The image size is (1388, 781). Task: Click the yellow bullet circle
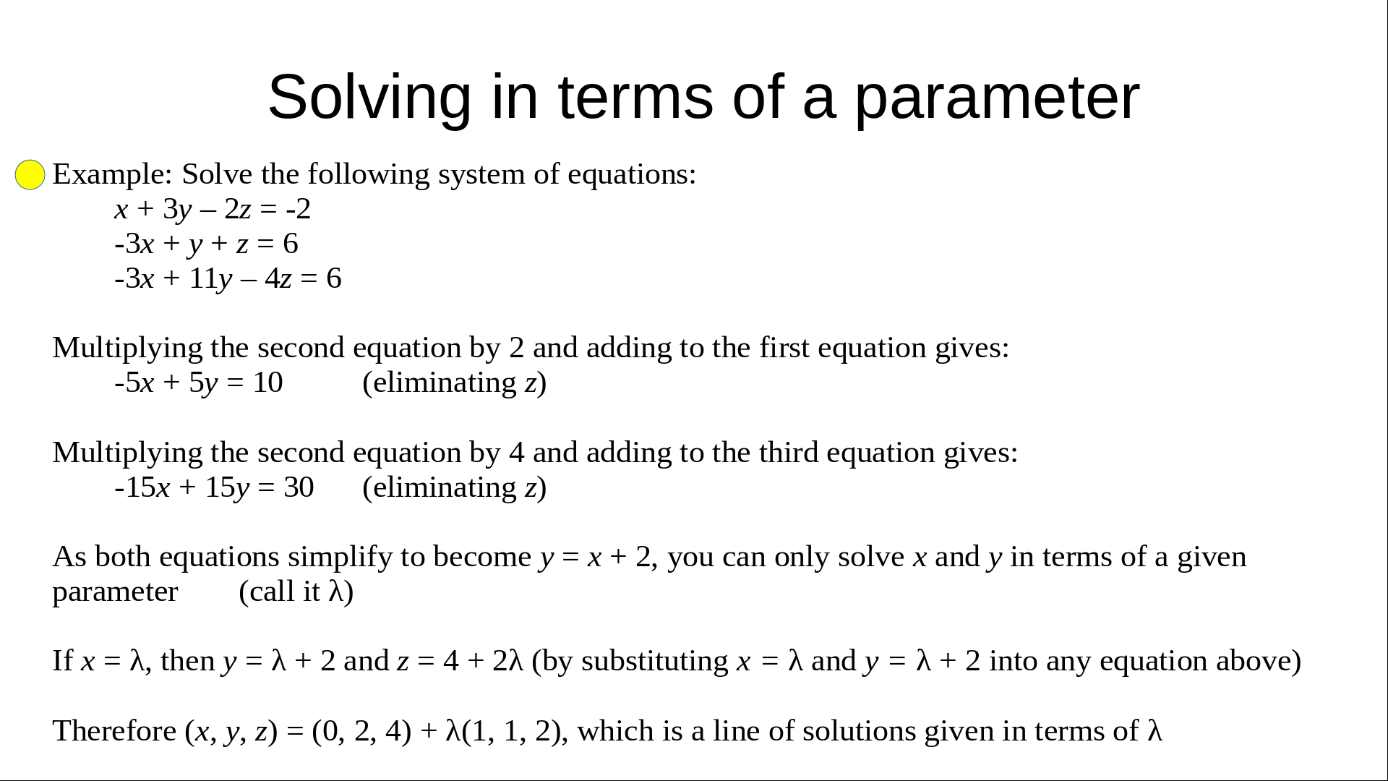30,175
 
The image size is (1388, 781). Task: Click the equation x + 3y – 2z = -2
213,209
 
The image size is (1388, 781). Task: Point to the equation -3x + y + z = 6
206,244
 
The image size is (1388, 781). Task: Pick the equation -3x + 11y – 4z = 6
228,278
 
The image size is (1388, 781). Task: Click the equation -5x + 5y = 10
199,383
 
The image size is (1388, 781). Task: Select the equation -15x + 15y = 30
214,487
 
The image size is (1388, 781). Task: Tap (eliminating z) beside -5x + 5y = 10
455,383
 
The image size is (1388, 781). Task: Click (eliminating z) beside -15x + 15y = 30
455,487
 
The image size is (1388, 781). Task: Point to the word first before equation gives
784,348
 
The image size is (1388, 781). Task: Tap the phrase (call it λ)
296,592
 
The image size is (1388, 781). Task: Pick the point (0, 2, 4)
361,731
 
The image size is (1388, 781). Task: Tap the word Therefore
114,731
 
